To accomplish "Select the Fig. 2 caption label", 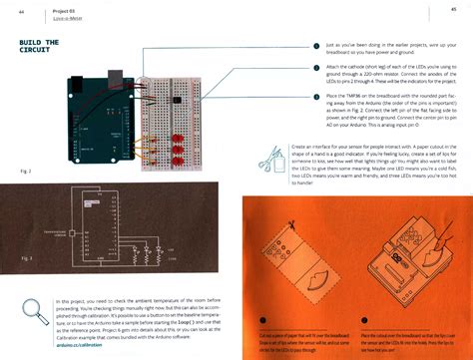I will [x=26, y=171].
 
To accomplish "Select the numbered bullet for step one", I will [x=317, y=48].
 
